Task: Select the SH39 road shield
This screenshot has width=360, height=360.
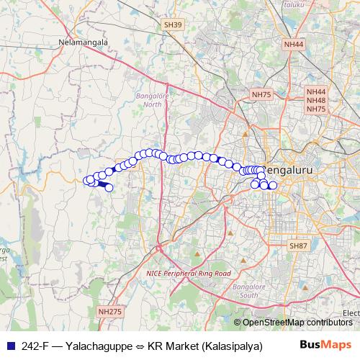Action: coord(172,24)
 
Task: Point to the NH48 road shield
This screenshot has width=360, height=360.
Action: coord(316,100)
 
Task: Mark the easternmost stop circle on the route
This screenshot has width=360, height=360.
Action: coord(273,186)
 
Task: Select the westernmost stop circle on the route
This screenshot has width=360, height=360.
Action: coord(87,180)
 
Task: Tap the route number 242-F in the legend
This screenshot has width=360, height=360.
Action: coord(35,345)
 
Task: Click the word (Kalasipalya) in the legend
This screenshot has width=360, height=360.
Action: coord(231,345)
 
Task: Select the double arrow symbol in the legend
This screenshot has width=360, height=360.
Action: coord(140,345)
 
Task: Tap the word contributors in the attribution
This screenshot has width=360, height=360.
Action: coord(330,322)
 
